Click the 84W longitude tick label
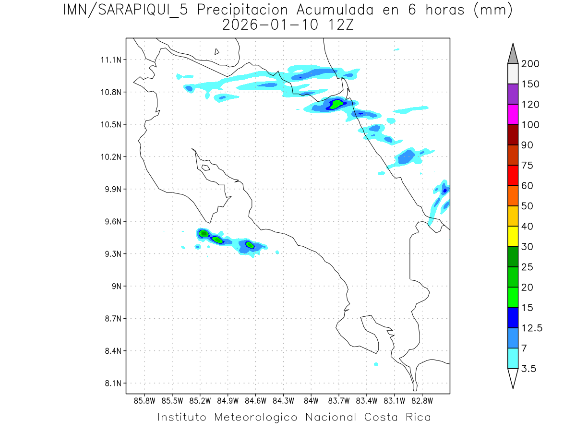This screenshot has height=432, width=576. [x=311, y=400]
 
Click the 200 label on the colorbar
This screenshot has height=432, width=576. [x=530, y=64]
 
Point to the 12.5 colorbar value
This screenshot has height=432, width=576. [x=532, y=328]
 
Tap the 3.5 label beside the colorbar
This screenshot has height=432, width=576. [x=529, y=369]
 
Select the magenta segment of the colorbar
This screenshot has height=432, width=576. [x=513, y=114]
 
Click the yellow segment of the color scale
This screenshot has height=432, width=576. [x=513, y=236]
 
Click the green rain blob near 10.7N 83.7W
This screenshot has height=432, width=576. [x=337, y=104]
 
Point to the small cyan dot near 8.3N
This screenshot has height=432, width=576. [x=376, y=364]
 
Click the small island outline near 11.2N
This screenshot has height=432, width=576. [x=217, y=51]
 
